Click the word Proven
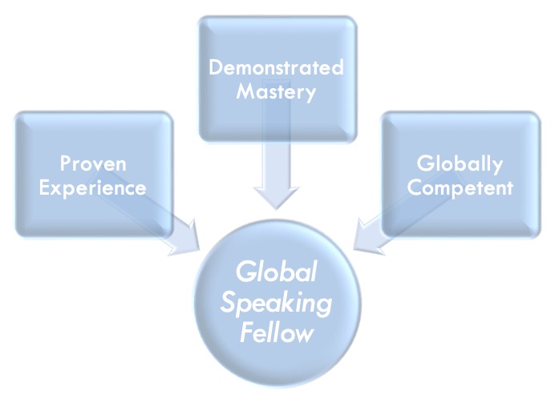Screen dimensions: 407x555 tap(94, 164)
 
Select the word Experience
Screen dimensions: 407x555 tap(94, 188)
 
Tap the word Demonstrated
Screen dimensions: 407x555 tap(276, 66)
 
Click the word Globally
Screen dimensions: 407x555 tap(460, 164)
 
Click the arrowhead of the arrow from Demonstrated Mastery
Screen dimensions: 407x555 tap(276, 197)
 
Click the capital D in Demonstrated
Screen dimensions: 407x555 tap(215, 66)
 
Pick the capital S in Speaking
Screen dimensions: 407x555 tap(229, 303)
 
